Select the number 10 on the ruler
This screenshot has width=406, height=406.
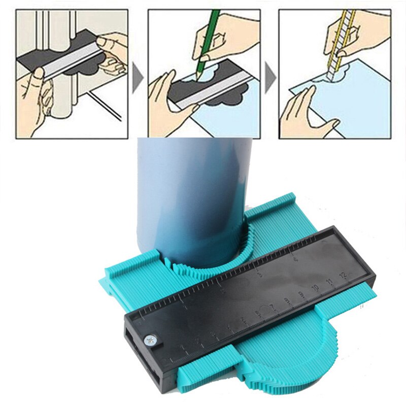pyautogui.click(x=315, y=287)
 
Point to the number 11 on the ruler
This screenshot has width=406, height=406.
pyautogui.click(x=330, y=281)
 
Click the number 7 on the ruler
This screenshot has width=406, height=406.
pyautogui.click(x=272, y=307)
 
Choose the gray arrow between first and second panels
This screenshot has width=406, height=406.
pyautogui.click(x=137, y=81)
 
